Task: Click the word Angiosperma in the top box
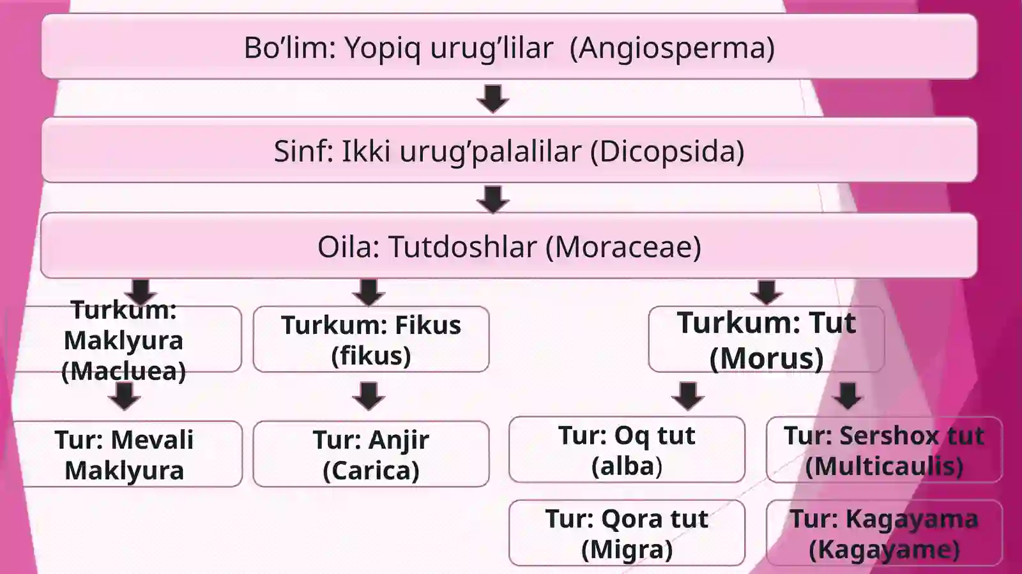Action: [672, 48]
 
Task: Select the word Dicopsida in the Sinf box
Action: [667, 151]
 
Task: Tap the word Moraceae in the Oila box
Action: [623, 247]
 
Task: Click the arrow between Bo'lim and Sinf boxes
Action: [492, 98]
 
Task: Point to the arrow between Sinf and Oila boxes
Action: [492, 200]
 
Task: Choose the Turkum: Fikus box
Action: [371, 339]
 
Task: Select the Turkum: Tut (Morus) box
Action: [766, 339]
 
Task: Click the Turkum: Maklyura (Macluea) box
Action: [124, 339]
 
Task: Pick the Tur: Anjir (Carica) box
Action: [371, 454]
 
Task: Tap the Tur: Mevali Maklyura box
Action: [128, 454]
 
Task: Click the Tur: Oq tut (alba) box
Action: [627, 449]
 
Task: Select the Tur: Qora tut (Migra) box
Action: [627, 533]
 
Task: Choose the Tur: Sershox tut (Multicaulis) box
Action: [884, 449]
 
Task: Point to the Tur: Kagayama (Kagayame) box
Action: [884, 533]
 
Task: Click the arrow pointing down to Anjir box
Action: [369, 397]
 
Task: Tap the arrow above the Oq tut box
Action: [688, 397]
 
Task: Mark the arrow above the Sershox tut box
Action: [848, 397]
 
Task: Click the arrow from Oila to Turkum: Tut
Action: [766, 292]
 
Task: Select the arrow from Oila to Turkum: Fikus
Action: [369, 292]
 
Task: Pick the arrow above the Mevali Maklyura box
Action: [124, 397]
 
